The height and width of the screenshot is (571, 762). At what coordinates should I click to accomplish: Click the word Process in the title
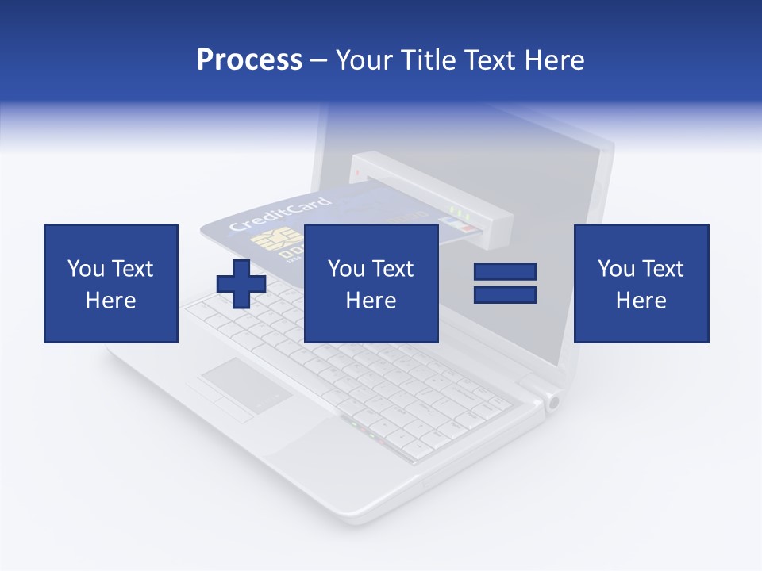(249, 60)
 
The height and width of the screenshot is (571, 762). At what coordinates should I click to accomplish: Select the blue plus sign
(241, 283)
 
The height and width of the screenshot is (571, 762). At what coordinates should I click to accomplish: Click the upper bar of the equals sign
(505, 272)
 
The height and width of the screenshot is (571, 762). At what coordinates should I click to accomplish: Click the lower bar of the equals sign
(505, 295)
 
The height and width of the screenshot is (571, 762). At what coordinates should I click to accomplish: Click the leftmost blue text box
(111, 283)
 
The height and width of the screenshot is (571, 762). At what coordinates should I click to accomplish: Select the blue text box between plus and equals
(371, 283)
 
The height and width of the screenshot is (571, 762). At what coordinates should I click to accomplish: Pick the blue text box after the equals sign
(641, 283)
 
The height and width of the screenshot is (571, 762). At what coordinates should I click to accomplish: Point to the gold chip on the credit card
(268, 242)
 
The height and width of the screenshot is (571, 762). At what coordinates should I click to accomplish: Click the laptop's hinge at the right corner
(552, 401)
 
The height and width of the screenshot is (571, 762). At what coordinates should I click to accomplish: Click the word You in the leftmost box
(85, 269)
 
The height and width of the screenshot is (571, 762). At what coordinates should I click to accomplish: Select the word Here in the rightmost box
(641, 301)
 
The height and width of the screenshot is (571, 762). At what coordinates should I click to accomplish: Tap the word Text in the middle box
(393, 269)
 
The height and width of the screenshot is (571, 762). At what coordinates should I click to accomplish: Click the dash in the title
(319, 60)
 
